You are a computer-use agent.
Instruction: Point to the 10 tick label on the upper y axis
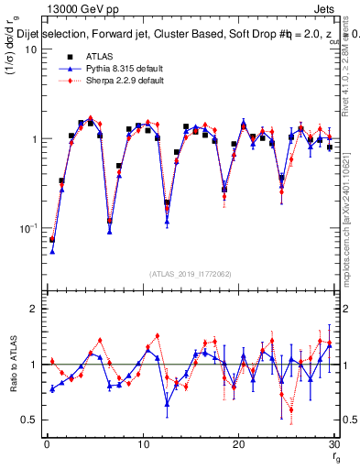(30, 49)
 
